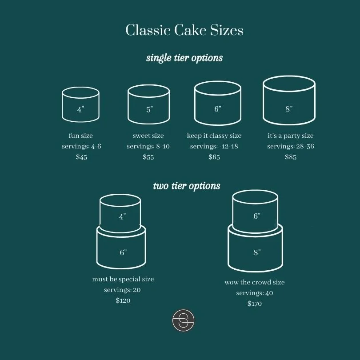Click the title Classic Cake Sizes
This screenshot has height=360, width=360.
(x=184, y=31)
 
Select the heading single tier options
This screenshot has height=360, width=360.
(x=184, y=58)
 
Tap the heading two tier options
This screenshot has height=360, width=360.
(x=187, y=186)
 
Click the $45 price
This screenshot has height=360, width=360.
(x=81, y=157)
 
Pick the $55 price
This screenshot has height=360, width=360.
(x=148, y=157)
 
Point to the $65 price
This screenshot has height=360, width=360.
(x=214, y=157)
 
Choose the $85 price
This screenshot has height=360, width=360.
(x=291, y=157)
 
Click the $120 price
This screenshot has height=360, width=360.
(x=123, y=300)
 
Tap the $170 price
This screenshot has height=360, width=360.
(x=255, y=304)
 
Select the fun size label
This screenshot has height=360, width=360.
(x=81, y=136)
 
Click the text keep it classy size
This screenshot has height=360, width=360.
(x=214, y=136)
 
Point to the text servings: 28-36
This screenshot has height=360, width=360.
(x=291, y=146)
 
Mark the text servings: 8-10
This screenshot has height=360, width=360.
(x=148, y=146)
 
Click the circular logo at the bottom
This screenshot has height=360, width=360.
(x=184, y=320)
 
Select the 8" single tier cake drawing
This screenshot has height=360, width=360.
(x=289, y=101)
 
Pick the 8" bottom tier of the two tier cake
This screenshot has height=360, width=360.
(x=256, y=249)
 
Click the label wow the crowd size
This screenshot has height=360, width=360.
(x=255, y=282)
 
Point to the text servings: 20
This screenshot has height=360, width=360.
(x=123, y=290)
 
